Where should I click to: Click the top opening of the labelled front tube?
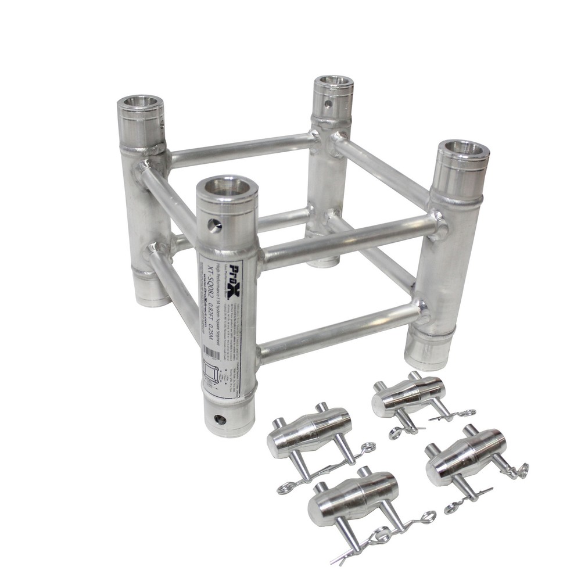[x=227, y=187]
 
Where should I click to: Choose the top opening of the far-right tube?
[x=462, y=149]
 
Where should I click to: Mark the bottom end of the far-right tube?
[x=428, y=356]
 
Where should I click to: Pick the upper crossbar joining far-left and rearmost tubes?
[x=241, y=149]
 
